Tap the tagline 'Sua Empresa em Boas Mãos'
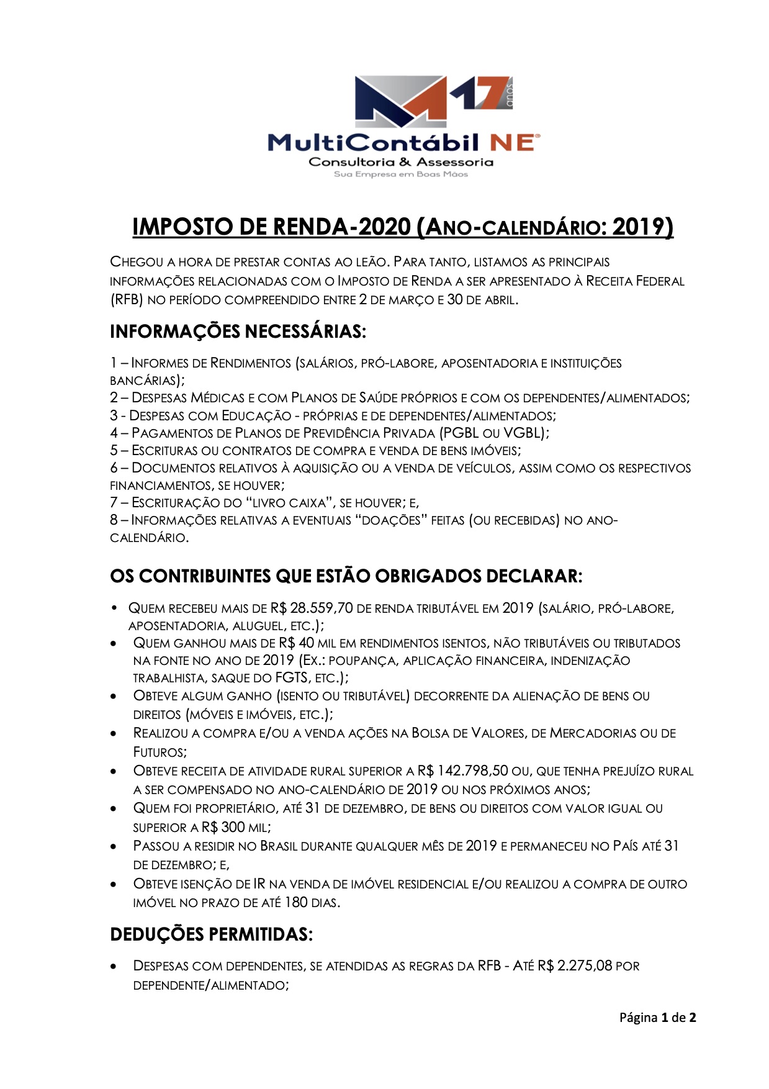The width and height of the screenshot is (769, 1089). pyautogui.click(x=401, y=174)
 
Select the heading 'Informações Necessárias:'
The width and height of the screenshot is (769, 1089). pyautogui.click(x=238, y=331)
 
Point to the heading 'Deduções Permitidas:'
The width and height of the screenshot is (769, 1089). pyautogui.click(x=211, y=934)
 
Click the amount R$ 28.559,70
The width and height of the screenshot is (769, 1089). pyautogui.click(x=312, y=608)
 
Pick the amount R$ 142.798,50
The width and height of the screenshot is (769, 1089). pyautogui.click(x=463, y=771)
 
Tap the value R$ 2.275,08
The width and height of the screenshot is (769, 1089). pyautogui.click(x=575, y=965)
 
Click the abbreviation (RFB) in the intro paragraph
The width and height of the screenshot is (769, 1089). pyautogui.click(x=127, y=300)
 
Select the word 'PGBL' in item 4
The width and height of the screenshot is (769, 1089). pyautogui.click(x=461, y=433)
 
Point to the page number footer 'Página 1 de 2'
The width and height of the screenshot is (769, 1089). pyautogui.click(x=657, y=1017)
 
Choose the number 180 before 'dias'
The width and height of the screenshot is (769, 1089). pyautogui.click(x=296, y=902)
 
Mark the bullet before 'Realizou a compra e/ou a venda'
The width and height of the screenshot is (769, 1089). pyautogui.click(x=114, y=734)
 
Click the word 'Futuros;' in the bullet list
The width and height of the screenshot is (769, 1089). pyautogui.click(x=160, y=752)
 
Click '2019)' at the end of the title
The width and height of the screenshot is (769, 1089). pyautogui.click(x=642, y=227)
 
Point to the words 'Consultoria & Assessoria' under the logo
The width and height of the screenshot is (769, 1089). pyautogui.click(x=401, y=162)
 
